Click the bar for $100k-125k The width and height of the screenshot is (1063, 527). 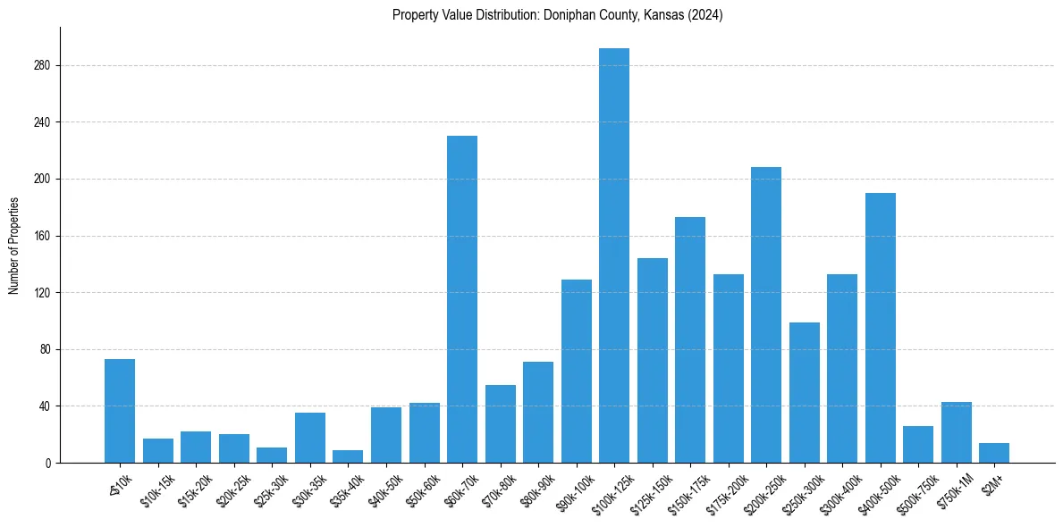click(x=613, y=255)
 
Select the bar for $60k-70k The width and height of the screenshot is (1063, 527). click(x=461, y=299)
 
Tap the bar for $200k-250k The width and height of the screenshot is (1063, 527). click(x=766, y=314)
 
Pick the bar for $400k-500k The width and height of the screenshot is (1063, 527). click(x=880, y=328)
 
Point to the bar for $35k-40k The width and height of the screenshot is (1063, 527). click(x=348, y=456)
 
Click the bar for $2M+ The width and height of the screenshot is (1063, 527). click(x=994, y=453)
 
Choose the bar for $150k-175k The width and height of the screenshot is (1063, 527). click(x=690, y=339)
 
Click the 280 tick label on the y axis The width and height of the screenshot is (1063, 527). click(x=42, y=65)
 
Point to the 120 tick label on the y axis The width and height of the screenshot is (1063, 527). click(x=42, y=293)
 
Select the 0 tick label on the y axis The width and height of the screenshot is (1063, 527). click(x=48, y=464)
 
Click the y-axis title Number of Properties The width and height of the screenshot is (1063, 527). click(x=13, y=246)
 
